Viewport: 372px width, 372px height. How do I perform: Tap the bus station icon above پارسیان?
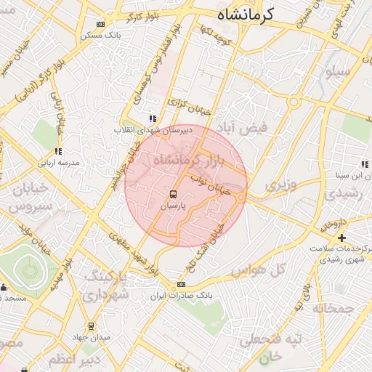click(x=173, y=194)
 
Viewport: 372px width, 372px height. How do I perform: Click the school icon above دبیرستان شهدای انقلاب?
click(x=152, y=118)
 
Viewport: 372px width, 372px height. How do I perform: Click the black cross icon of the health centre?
click(x=341, y=238)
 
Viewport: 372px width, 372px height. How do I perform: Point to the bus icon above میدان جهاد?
click(x=91, y=326)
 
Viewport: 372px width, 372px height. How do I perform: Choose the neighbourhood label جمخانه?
click(x=333, y=308)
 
